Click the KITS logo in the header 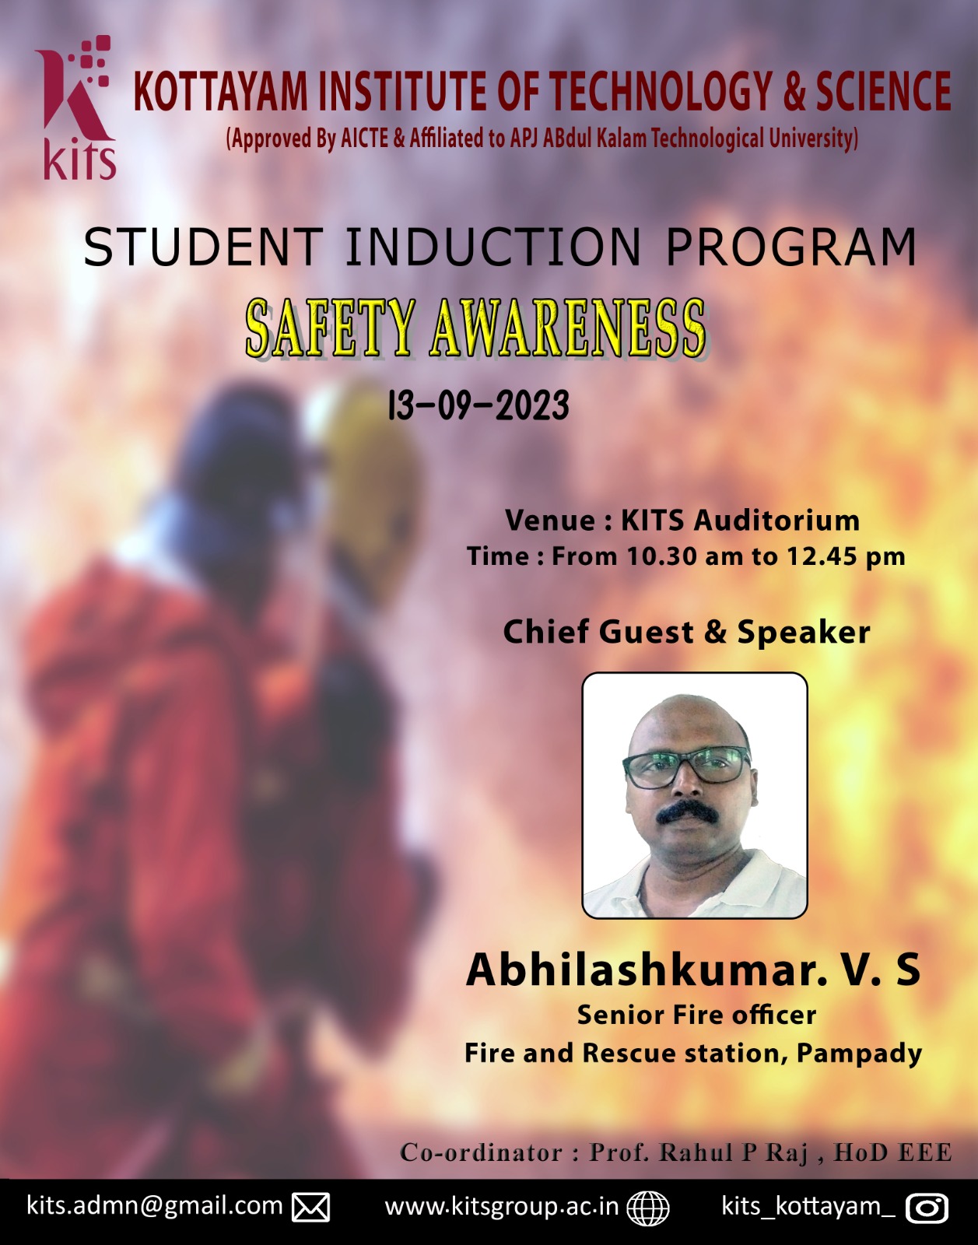(77, 107)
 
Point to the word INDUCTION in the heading (493, 247)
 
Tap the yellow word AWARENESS (568, 328)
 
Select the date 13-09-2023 (478, 405)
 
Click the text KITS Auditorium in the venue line (741, 521)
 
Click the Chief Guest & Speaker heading (686, 632)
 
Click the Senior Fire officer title (696, 1015)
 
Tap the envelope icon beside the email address (311, 1207)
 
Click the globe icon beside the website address (647, 1208)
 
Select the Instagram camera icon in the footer (927, 1208)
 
